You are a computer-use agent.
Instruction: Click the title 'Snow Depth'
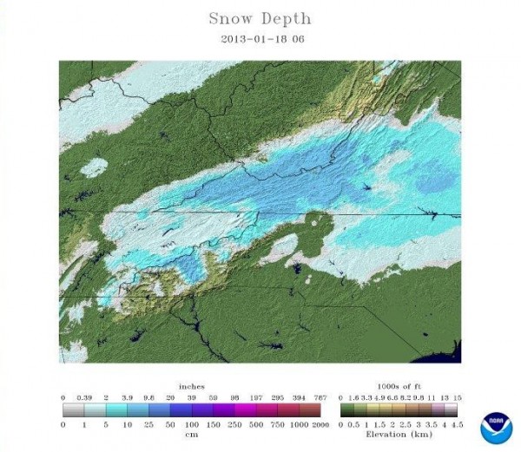tap(260, 17)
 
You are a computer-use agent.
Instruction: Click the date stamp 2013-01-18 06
tap(260, 38)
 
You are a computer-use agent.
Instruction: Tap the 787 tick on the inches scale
tap(321, 396)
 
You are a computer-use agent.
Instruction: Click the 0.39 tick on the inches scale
tap(83, 396)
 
